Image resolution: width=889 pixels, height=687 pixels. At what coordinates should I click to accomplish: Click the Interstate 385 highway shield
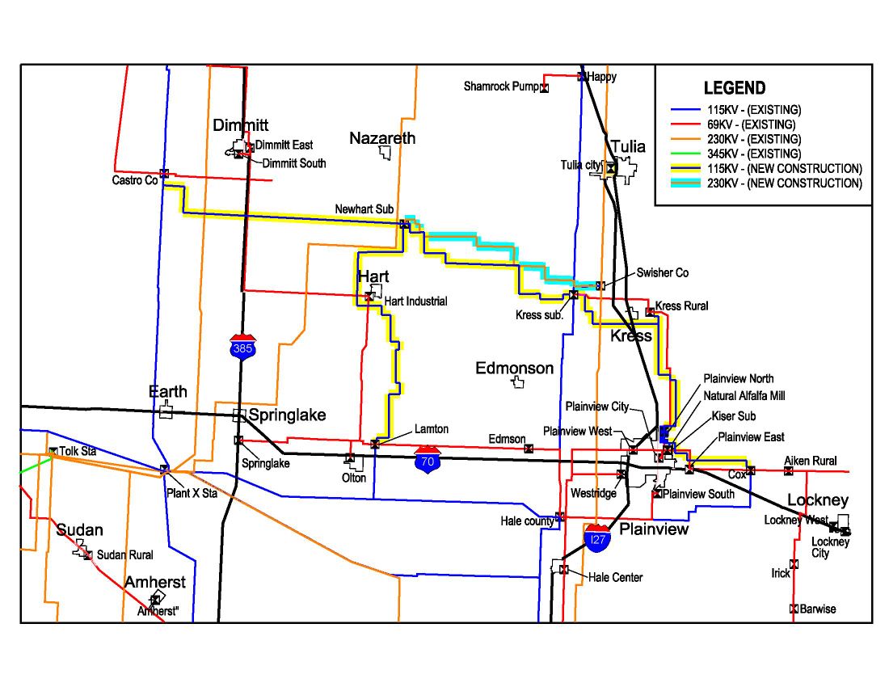(242, 346)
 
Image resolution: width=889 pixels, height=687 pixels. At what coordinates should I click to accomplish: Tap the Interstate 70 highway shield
(428, 459)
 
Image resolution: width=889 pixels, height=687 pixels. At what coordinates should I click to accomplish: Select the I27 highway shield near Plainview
(597, 537)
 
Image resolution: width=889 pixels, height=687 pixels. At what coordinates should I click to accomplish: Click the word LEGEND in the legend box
(734, 88)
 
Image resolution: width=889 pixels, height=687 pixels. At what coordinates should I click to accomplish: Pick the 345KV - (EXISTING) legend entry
(752, 154)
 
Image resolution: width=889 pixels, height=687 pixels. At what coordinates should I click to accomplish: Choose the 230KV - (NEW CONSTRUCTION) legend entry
(777, 183)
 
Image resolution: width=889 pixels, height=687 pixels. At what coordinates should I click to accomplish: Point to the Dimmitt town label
(241, 125)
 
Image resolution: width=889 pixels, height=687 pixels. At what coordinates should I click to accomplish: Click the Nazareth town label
(382, 138)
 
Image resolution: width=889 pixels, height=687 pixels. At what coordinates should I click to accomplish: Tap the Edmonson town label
(514, 369)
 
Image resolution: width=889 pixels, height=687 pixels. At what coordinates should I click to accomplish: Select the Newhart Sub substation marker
(403, 224)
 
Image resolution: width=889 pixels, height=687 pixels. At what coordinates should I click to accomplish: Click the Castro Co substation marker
(164, 173)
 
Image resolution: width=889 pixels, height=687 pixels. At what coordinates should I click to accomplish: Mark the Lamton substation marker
(375, 444)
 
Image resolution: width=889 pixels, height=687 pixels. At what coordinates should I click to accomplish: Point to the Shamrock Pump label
(499, 86)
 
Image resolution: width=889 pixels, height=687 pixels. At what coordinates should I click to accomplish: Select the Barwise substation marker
(794, 609)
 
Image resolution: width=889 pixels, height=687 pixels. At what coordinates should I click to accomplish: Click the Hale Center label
(616, 577)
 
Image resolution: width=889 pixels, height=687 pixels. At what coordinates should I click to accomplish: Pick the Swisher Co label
(663, 273)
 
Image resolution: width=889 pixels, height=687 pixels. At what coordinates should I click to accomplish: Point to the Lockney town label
(817, 500)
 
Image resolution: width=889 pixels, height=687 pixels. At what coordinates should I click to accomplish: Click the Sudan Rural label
(124, 555)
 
